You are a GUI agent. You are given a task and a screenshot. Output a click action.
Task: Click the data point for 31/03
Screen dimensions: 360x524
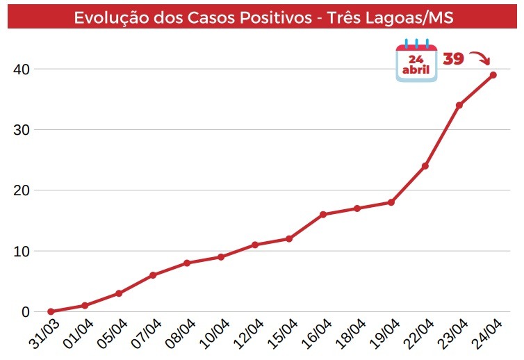(x=51, y=311)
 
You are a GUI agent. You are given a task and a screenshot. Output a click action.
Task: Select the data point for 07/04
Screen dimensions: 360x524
(x=153, y=275)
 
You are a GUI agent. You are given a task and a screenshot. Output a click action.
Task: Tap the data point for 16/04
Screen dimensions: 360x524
(x=323, y=214)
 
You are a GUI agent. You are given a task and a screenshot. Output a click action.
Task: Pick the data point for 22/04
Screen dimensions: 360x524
(x=425, y=166)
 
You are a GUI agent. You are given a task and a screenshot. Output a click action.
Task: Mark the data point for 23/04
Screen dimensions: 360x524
(x=459, y=106)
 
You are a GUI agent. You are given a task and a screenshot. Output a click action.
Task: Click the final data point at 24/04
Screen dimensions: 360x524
(x=493, y=75)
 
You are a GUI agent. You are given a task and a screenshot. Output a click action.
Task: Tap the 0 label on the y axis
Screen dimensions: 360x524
(x=26, y=312)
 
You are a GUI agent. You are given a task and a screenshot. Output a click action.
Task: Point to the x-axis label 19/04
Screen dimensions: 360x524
(x=384, y=334)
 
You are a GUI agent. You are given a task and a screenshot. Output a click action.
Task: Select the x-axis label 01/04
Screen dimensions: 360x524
(x=79, y=334)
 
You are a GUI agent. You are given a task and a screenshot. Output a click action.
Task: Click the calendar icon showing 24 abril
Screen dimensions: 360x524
(x=416, y=63)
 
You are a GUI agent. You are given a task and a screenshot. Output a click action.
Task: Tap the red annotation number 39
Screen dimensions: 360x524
(x=453, y=59)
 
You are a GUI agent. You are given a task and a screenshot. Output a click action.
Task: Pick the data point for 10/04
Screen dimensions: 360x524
(x=221, y=257)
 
